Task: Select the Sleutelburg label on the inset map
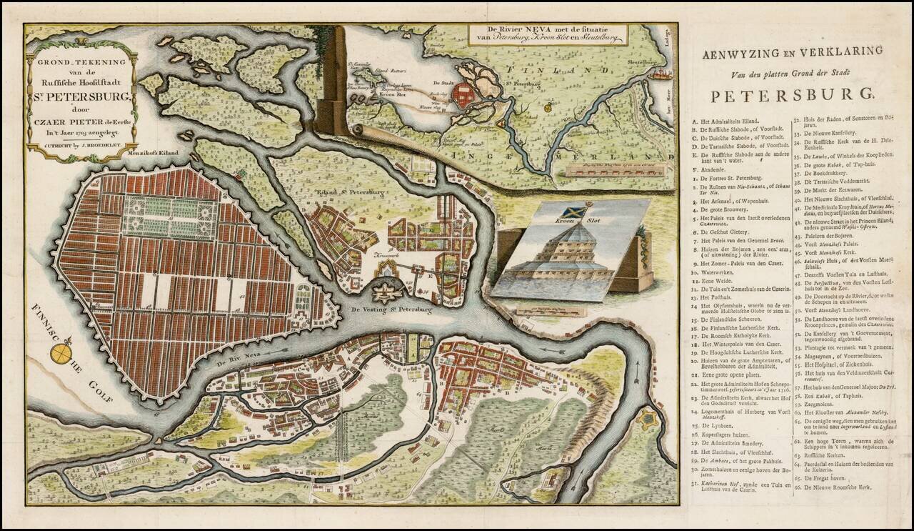point(642,62)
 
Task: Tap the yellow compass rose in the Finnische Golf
point(66,352)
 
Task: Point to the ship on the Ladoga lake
point(663,73)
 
